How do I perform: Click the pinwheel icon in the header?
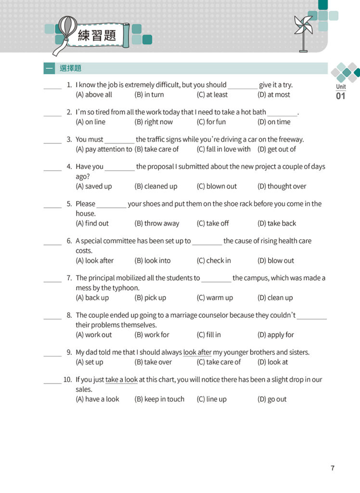(x=303, y=31)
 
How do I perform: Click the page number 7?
(x=333, y=468)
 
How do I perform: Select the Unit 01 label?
(x=341, y=91)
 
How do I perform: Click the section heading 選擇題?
(x=70, y=68)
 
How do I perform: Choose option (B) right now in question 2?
(x=154, y=122)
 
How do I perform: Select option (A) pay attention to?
(x=104, y=149)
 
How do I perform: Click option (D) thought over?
(x=282, y=186)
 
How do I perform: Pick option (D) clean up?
(x=275, y=298)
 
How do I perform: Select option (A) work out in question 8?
(x=94, y=335)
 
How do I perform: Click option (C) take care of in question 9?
(x=219, y=362)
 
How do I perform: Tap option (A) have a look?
(x=98, y=399)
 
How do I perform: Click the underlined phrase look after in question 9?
(x=197, y=352)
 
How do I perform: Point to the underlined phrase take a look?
(x=121, y=380)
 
